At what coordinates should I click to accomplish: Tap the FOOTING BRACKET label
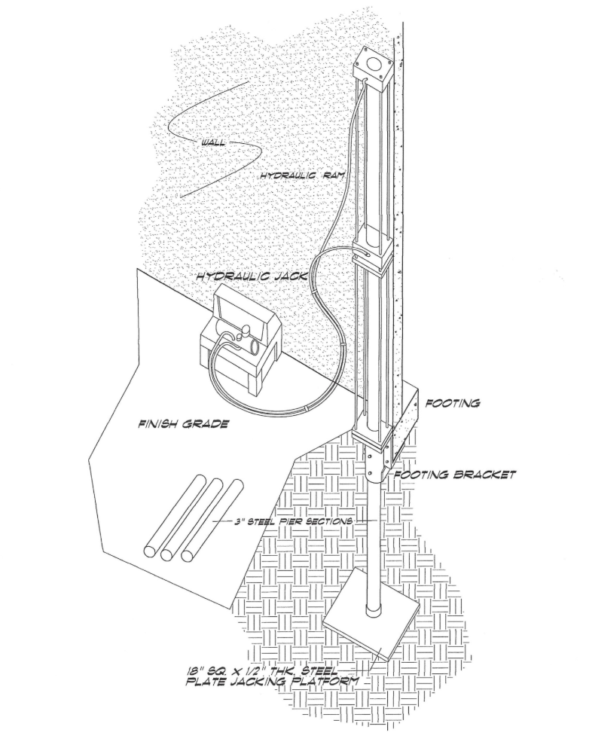click(x=455, y=475)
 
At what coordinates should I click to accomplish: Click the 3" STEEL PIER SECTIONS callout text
click(x=292, y=521)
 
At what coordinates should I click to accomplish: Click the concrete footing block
click(x=407, y=417)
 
